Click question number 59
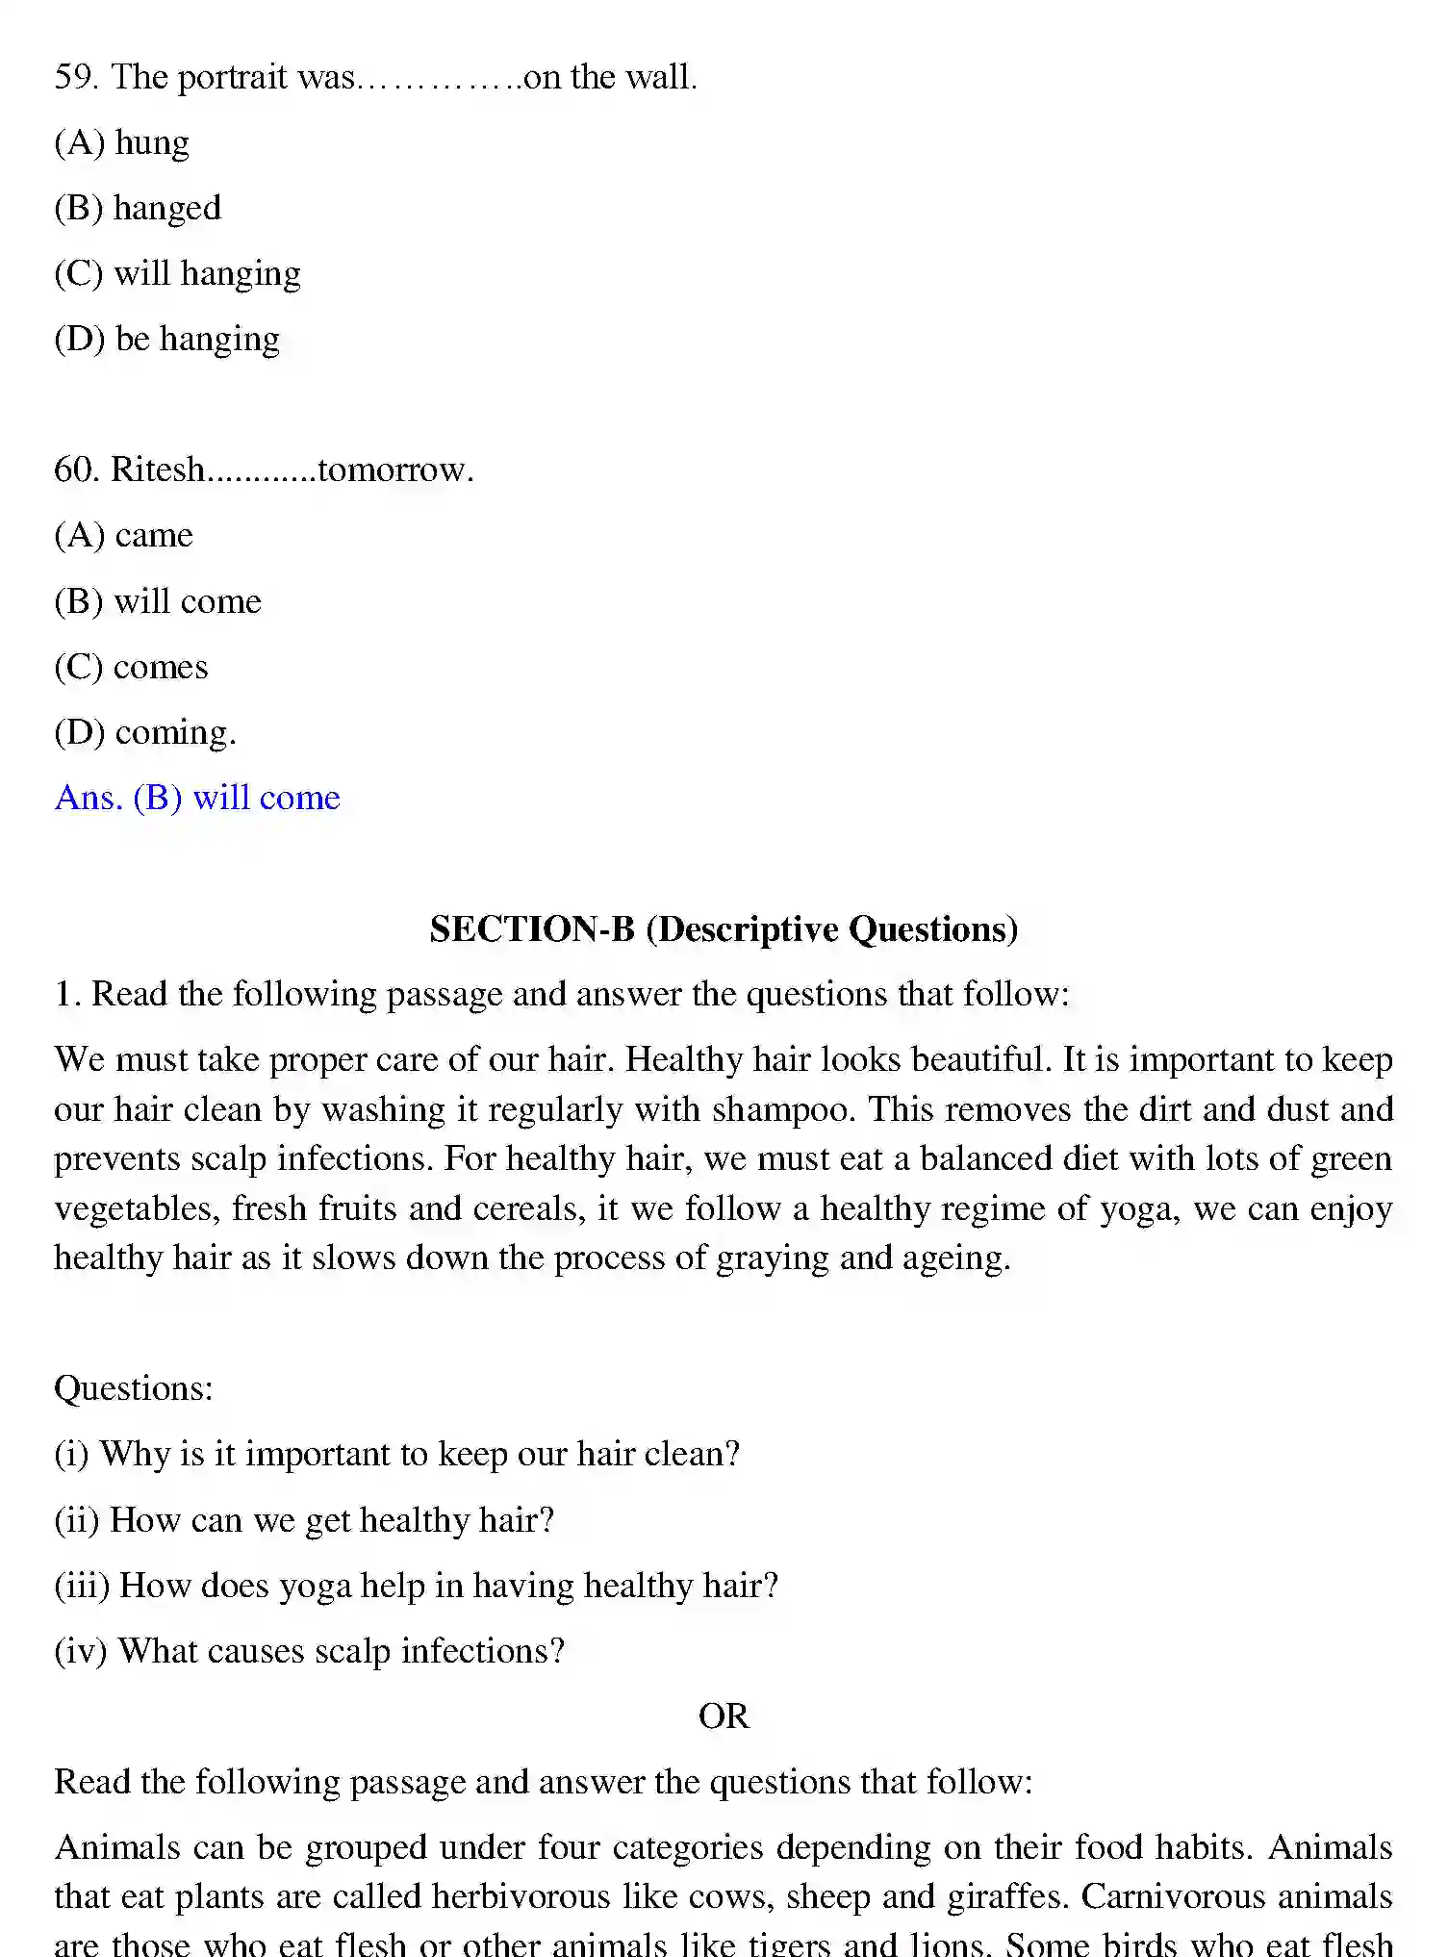pyautogui.click(x=76, y=77)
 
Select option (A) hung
pyautogui.click(x=122, y=142)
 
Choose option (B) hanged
pyautogui.click(x=138, y=208)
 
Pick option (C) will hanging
pyautogui.click(x=177, y=274)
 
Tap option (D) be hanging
pyautogui.click(x=166, y=340)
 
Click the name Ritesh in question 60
pyautogui.click(x=158, y=470)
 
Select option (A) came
pyautogui.click(x=123, y=535)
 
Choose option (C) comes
pyautogui.click(x=131, y=667)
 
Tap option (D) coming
pyautogui.click(x=144, y=733)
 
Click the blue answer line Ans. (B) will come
pyautogui.click(x=197, y=798)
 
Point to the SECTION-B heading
pyautogui.click(x=724, y=928)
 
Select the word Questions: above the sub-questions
pyautogui.click(x=133, y=1388)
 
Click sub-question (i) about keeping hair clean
pyautogui.click(x=396, y=1454)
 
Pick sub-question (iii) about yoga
pyautogui.click(x=416, y=1586)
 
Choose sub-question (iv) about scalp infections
pyautogui.click(x=309, y=1651)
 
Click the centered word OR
pyautogui.click(x=724, y=1716)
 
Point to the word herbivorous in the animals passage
pyautogui.click(x=521, y=1896)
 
